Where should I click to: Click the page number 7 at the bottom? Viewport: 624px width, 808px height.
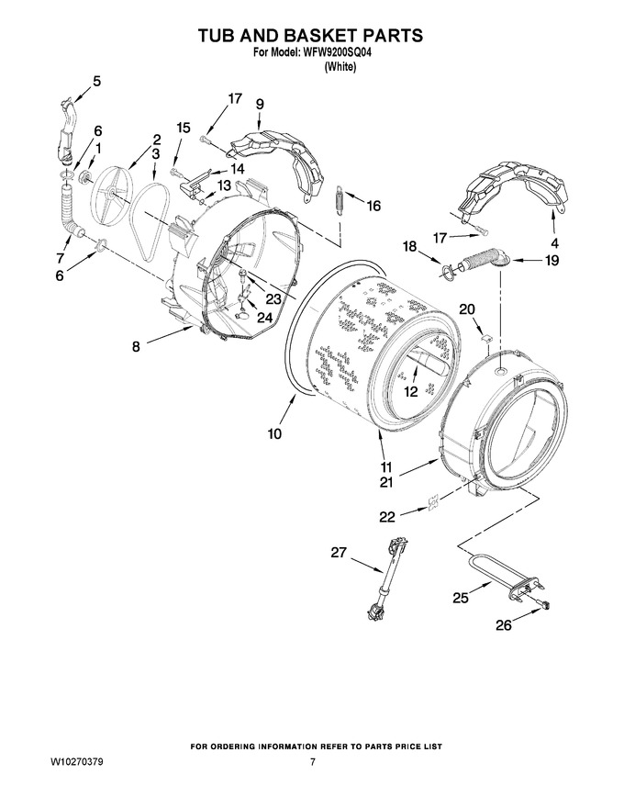[x=313, y=761]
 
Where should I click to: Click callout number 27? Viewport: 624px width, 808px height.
[x=339, y=553]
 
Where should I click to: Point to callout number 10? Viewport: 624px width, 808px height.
[x=274, y=433]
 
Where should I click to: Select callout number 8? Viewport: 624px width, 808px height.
[x=136, y=346]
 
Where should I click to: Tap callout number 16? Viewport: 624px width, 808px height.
[x=373, y=206]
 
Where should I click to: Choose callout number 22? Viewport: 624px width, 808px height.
[x=387, y=516]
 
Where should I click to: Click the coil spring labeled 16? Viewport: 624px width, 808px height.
[x=340, y=198]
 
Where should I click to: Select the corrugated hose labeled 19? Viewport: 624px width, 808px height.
[x=480, y=257]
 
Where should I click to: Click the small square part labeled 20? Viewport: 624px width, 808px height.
[x=486, y=338]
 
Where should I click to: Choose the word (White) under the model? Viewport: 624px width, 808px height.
[x=340, y=67]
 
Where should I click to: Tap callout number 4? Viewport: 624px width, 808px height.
[x=554, y=242]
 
